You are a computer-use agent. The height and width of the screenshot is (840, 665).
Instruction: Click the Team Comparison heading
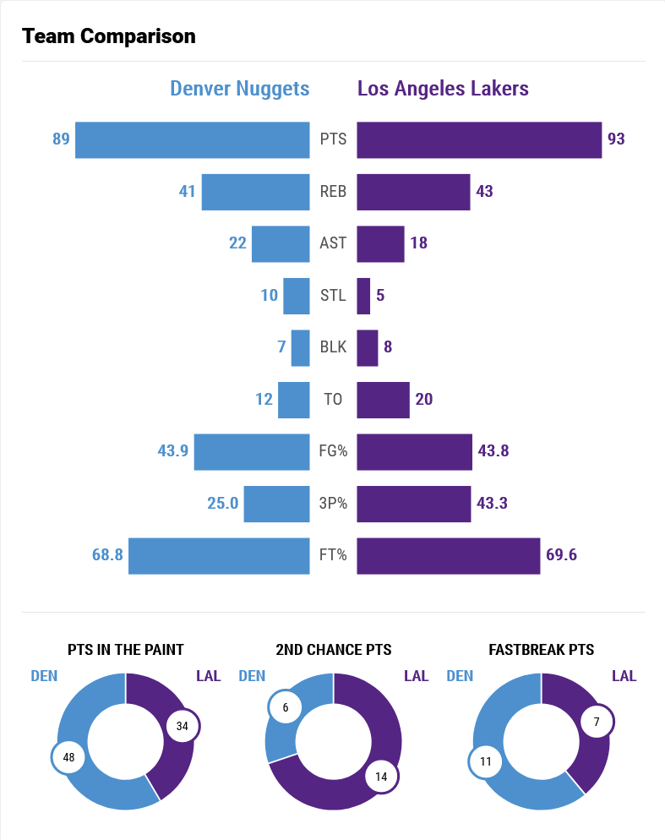tap(109, 36)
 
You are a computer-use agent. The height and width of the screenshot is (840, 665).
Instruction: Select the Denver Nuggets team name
tap(240, 89)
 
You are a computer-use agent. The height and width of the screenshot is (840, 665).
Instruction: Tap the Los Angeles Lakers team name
tap(443, 89)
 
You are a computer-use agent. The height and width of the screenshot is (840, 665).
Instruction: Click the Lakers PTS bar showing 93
tap(479, 139)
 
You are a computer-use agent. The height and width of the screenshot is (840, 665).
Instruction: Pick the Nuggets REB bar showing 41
tap(255, 192)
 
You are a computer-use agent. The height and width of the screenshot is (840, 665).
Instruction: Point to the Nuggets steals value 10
tap(269, 296)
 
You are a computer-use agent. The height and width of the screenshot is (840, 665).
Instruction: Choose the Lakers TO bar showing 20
tap(383, 400)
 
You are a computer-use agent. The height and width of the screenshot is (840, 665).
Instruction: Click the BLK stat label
tap(333, 347)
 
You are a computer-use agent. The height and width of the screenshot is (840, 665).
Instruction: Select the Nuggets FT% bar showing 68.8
tap(219, 555)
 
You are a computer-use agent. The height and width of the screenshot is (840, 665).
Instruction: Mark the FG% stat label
tap(333, 451)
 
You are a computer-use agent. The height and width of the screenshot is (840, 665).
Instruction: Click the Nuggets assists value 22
tap(237, 243)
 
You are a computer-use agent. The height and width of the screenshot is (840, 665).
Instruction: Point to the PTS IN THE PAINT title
tap(126, 650)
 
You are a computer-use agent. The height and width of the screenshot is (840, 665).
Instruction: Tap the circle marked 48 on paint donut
tap(69, 757)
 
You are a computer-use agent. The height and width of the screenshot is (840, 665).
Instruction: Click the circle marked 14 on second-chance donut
tap(381, 777)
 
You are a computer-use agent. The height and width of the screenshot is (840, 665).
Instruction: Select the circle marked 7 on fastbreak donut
tap(597, 722)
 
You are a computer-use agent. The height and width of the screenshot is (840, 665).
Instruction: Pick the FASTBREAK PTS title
tap(542, 650)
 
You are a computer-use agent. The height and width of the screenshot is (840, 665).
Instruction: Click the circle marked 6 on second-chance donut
tap(286, 707)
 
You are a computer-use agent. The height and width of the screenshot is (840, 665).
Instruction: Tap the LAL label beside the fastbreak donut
tap(624, 676)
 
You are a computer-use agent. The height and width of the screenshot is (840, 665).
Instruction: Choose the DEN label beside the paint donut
tap(44, 676)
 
